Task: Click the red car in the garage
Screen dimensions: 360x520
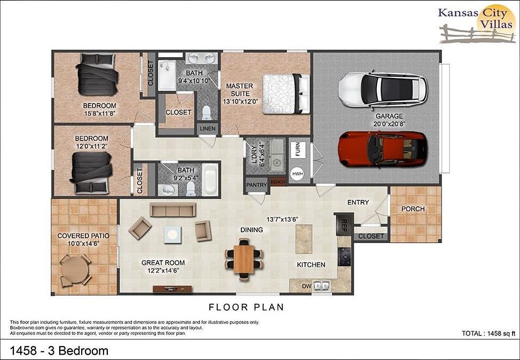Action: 382,147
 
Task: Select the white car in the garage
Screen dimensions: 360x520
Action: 382,89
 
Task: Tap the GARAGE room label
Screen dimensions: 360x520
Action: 389,116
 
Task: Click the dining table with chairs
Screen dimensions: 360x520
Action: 244,259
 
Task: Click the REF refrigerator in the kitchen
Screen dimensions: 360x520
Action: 344,224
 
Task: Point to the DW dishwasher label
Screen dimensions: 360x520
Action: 306,287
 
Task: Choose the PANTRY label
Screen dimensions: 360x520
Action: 256,185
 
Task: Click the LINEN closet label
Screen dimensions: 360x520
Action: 207,129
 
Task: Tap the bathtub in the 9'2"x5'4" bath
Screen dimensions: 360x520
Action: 210,179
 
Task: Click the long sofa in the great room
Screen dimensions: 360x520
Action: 169,210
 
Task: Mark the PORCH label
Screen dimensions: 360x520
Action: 413,209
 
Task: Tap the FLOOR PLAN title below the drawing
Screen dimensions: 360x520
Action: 246,307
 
